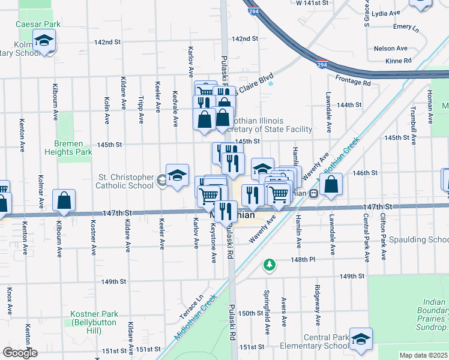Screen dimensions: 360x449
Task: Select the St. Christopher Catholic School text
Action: pyautogui.click(x=125, y=181)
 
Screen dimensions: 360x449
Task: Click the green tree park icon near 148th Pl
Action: pyautogui.click(x=270, y=264)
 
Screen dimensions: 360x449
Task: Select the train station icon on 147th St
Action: pyautogui.click(x=313, y=194)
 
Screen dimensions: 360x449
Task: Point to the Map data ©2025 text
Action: pyautogui.click(x=423, y=355)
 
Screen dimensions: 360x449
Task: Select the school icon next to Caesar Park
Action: pyautogui.click(x=43, y=41)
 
